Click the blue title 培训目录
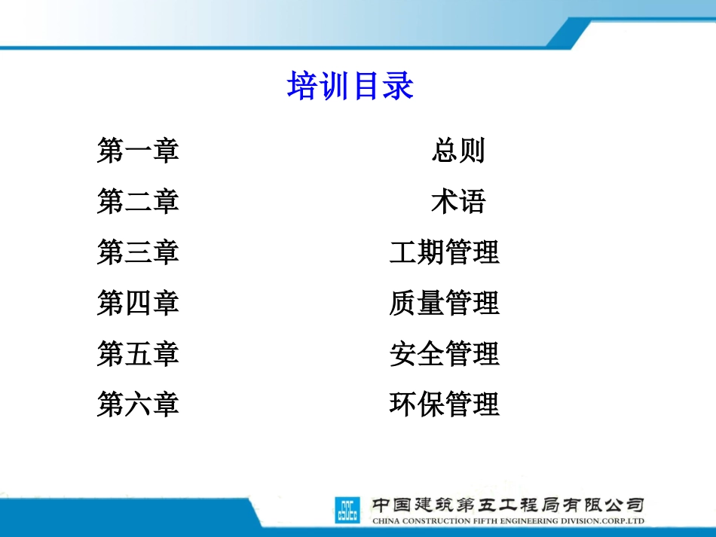click(x=350, y=87)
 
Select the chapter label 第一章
click(x=138, y=151)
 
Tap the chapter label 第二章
click(x=138, y=201)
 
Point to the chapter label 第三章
click(x=138, y=252)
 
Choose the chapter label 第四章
click(x=138, y=303)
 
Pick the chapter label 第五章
click(x=138, y=353)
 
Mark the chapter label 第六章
click(x=138, y=404)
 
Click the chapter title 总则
click(x=458, y=151)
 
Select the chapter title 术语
click(x=458, y=201)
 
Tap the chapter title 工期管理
click(x=445, y=252)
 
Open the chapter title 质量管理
click(x=445, y=303)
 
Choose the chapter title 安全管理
click(x=445, y=353)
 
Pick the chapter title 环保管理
click(x=445, y=404)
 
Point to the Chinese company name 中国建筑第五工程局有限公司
click(x=509, y=504)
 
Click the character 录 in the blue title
click(x=398, y=87)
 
